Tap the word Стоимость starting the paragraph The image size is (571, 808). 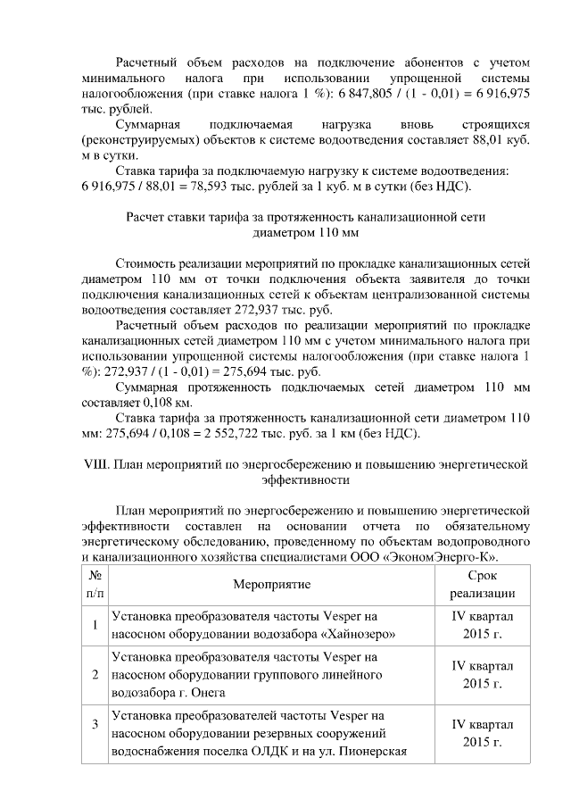tap(148, 263)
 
